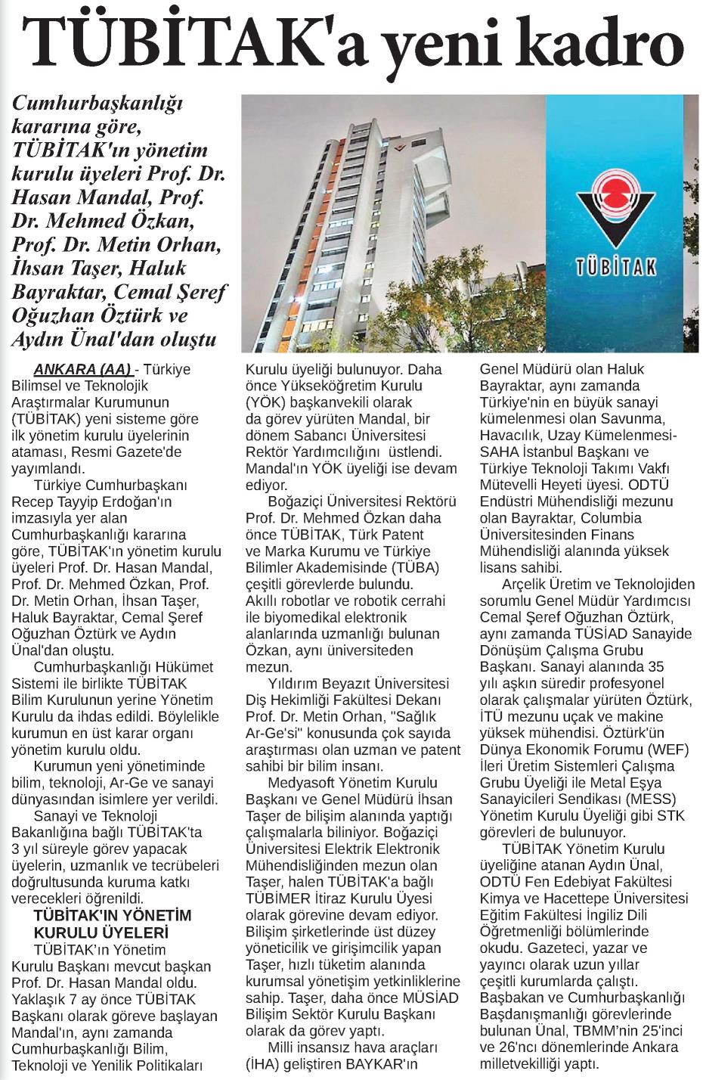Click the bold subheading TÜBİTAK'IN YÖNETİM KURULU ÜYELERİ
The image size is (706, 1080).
[102, 923]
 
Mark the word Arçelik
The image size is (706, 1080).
[525, 585]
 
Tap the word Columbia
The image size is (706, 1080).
[612, 518]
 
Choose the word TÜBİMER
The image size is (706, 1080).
[280, 898]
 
